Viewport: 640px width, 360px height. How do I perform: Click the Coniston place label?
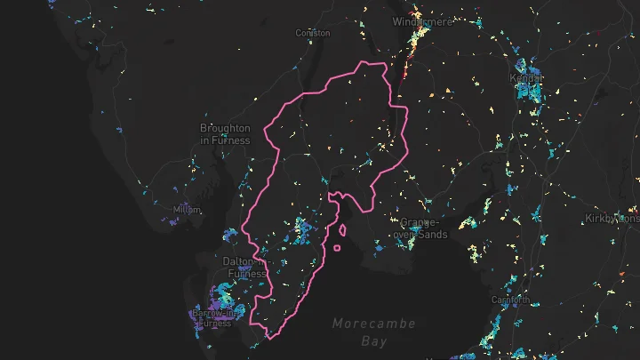(312, 33)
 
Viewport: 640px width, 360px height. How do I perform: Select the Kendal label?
(527, 77)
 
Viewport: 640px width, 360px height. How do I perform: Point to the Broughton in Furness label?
(225, 134)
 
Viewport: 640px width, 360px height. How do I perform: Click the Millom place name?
(187, 210)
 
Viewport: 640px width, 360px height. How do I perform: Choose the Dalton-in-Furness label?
(244, 267)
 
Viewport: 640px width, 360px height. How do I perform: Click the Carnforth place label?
(510, 300)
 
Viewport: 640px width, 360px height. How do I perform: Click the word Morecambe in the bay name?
(374, 324)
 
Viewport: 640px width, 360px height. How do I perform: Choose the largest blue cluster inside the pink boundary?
(304, 228)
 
